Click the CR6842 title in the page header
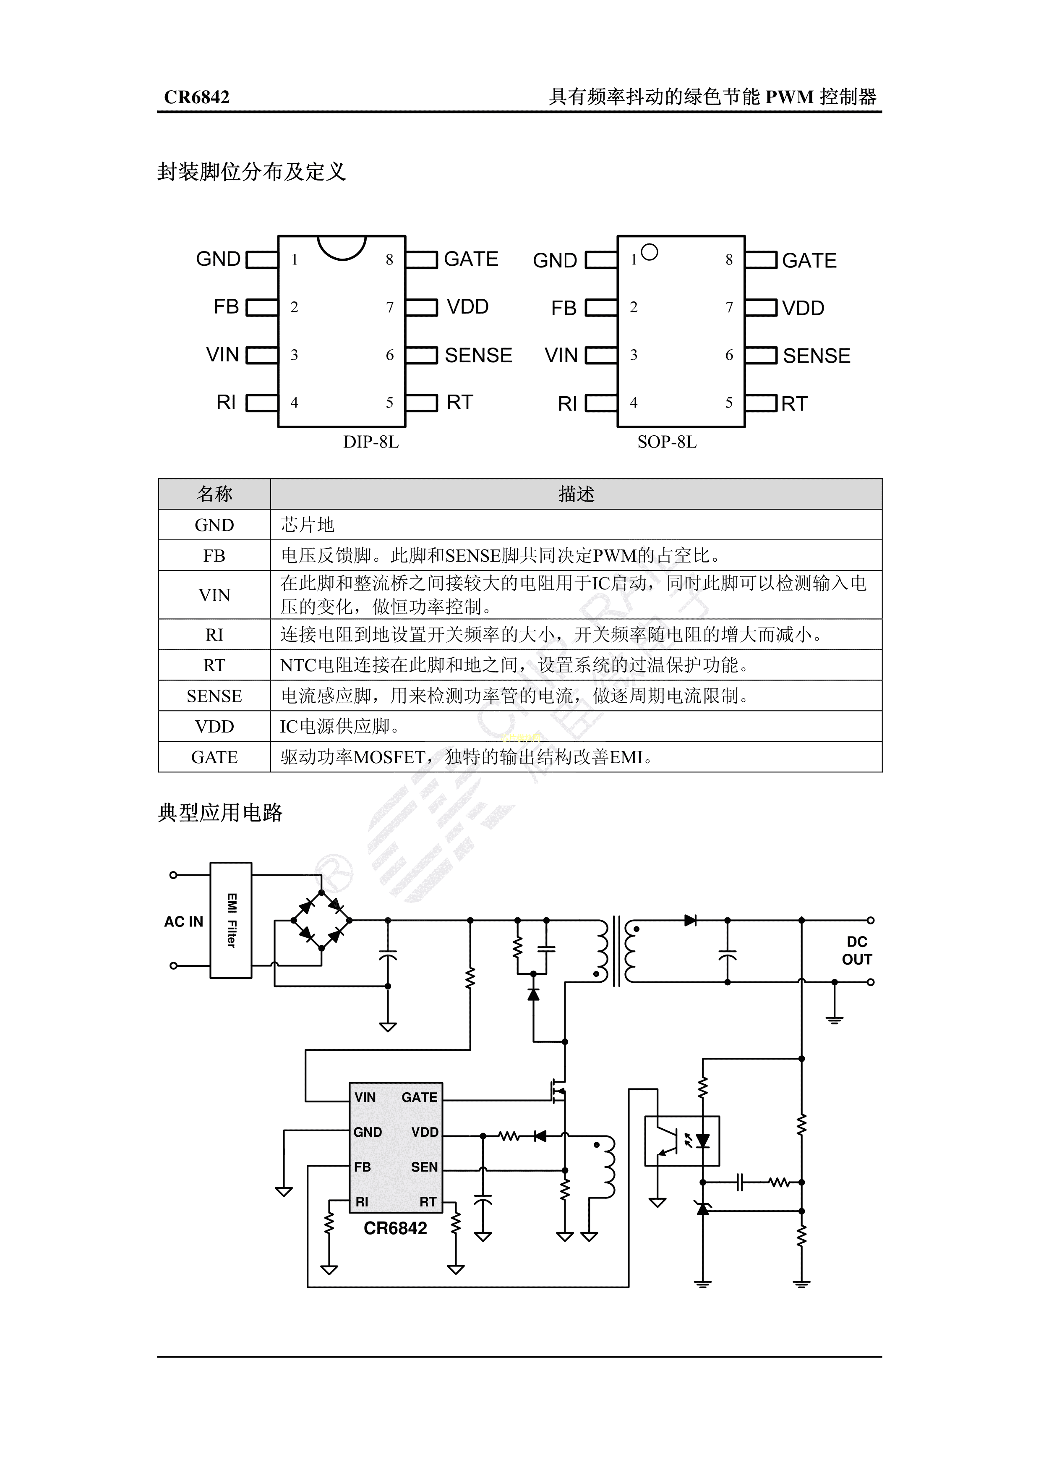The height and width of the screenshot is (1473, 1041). [x=196, y=97]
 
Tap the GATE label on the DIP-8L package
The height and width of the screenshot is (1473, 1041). [x=471, y=259]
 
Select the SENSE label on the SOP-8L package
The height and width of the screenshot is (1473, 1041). [x=816, y=356]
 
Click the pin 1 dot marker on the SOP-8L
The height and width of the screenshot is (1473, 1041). [x=649, y=253]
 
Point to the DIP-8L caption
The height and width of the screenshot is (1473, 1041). [x=371, y=442]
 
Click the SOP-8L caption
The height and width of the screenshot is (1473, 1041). [x=666, y=442]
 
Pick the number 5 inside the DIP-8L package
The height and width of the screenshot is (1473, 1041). [x=389, y=403]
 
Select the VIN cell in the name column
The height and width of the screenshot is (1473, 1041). [x=214, y=595]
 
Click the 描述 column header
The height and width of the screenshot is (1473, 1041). [x=576, y=494]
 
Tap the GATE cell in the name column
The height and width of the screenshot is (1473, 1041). [x=214, y=757]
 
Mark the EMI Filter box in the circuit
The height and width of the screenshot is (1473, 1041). [x=231, y=920]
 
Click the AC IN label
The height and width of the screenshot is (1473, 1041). [x=183, y=922]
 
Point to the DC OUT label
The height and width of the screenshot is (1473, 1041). [x=856, y=950]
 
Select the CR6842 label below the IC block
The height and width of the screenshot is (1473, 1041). [x=395, y=1228]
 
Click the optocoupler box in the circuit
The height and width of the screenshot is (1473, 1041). [x=682, y=1141]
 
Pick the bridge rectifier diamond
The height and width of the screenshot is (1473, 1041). [x=321, y=920]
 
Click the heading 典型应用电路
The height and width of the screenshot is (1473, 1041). [x=220, y=813]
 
